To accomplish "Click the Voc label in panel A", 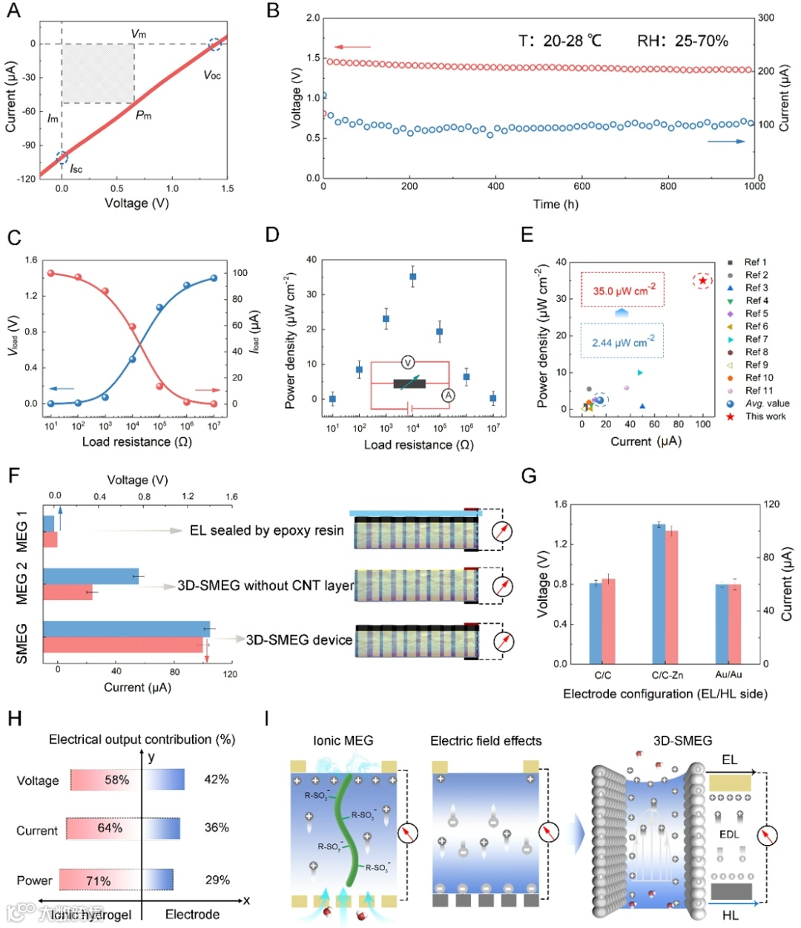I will [212, 76].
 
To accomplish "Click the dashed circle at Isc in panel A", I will [62, 157].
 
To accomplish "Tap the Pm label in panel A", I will [143, 115].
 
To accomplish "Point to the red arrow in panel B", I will [352, 47].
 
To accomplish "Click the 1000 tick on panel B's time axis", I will [754, 187].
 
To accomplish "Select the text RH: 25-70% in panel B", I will [682, 41].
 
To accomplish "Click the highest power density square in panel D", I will [413, 277].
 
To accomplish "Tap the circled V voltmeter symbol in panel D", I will [407, 362].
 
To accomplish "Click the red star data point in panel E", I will [702, 280].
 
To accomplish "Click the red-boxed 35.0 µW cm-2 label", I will [623, 290].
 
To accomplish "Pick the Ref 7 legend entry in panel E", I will [756, 339].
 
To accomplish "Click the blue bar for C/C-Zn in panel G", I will [659, 593].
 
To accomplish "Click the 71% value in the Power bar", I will [99, 881].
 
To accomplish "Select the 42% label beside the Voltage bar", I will [217, 780].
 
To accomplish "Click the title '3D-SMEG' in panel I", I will [682, 740].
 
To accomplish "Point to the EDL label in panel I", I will [729, 835].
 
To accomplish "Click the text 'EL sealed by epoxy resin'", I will [267, 530].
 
